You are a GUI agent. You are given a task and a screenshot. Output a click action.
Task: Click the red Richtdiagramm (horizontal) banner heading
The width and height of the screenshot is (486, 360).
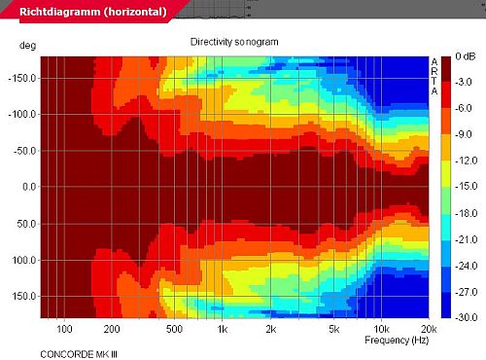click(x=93, y=12)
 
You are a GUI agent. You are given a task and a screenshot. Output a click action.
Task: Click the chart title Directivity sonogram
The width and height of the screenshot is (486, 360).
click(x=234, y=42)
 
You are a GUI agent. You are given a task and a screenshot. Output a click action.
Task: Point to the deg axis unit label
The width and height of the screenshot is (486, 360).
click(x=27, y=46)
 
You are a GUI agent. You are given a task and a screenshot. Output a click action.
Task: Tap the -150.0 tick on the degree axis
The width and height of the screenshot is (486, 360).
click(x=22, y=79)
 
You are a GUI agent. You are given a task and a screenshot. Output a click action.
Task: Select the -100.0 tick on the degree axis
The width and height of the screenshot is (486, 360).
click(x=22, y=115)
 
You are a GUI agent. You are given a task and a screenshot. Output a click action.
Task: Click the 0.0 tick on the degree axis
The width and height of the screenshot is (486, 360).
click(x=29, y=187)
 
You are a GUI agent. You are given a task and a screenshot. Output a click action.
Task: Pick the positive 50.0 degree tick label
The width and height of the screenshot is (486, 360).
click(x=26, y=224)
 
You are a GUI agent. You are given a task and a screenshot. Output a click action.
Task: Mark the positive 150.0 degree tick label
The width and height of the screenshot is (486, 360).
click(x=24, y=296)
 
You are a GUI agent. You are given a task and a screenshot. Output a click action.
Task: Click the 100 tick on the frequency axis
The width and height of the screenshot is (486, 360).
click(x=64, y=329)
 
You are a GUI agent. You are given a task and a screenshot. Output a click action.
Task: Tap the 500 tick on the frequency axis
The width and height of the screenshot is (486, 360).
click(x=174, y=329)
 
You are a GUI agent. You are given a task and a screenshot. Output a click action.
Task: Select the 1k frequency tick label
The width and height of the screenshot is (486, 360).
click(x=223, y=329)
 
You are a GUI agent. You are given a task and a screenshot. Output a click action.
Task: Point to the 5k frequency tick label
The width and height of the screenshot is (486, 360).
click(x=334, y=329)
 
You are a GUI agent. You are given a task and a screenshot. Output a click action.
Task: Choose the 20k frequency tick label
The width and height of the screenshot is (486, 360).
click(x=429, y=329)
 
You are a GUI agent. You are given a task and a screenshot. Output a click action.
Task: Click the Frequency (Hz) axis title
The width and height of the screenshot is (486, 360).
click(x=397, y=341)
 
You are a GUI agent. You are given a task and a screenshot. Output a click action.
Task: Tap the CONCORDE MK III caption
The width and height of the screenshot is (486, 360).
click(x=79, y=354)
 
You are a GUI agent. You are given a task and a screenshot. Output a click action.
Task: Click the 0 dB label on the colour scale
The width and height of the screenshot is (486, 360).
click(x=466, y=56)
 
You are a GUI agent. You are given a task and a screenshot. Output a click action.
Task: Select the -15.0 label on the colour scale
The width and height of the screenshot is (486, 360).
click(x=466, y=187)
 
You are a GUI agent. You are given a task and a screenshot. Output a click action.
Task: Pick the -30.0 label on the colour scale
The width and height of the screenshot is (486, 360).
click(x=466, y=317)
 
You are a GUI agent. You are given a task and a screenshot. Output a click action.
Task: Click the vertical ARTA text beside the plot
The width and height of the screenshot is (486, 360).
click(x=434, y=77)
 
